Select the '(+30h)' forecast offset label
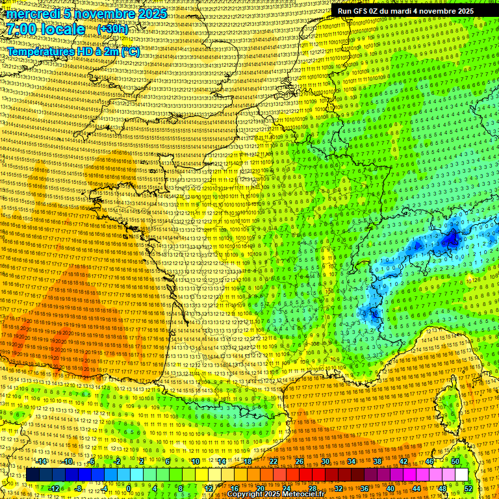tap(112, 29)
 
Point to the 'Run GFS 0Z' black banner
tap(405, 11)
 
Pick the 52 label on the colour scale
tap(468, 488)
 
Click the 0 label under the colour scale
tap(129, 488)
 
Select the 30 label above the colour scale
tap(326, 461)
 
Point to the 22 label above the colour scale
tap(274, 461)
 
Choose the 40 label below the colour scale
tap(390, 488)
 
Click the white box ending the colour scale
tap(461, 475)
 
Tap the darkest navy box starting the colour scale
tap(32, 475)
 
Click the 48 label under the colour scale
tap(442, 488)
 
